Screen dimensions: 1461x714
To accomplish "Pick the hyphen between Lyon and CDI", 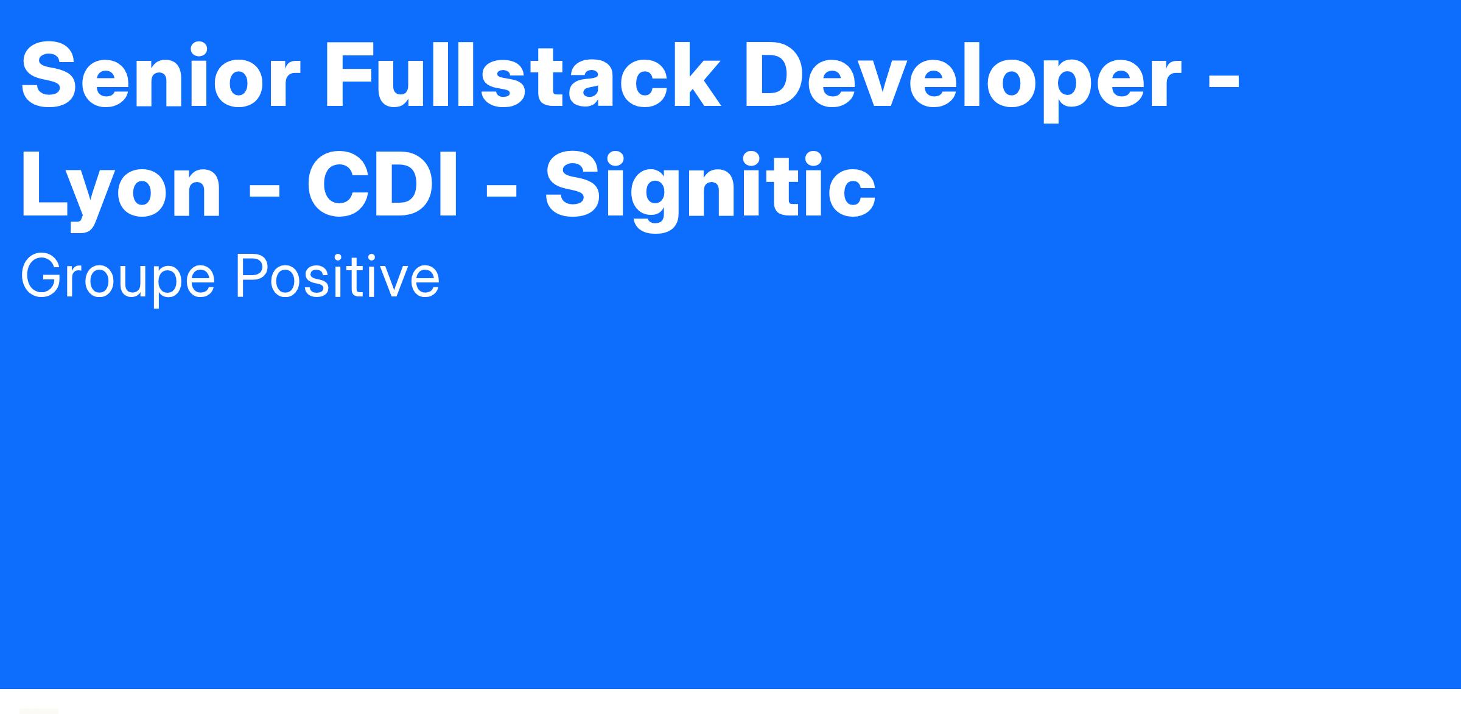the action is [x=265, y=194].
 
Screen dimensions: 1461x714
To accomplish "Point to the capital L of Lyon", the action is [x=44, y=186].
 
